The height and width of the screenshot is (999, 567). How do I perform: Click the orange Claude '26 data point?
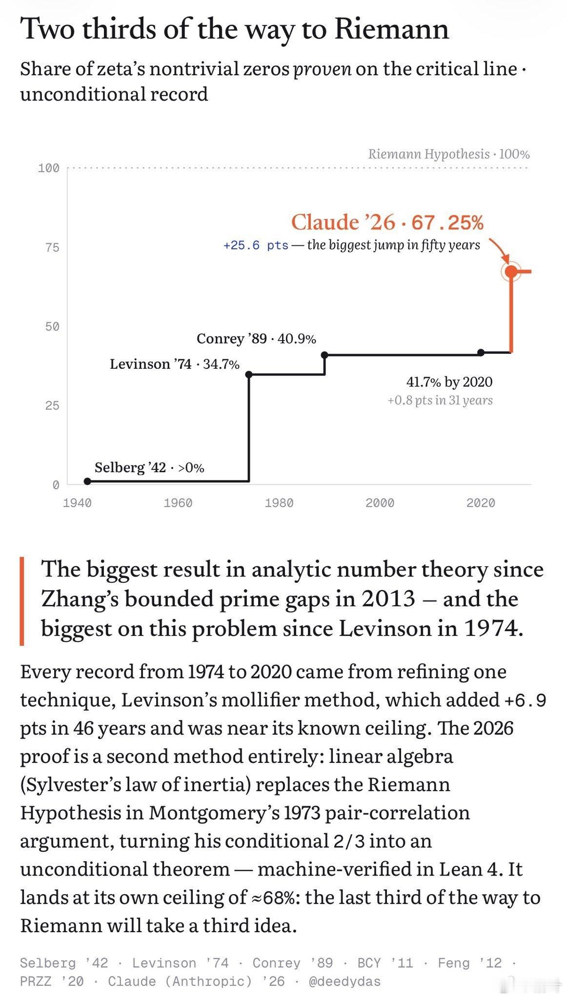click(x=511, y=271)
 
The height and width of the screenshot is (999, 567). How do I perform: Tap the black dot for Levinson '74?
click(x=249, y=374)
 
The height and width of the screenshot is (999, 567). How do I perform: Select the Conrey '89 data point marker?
click(x=324, y=355)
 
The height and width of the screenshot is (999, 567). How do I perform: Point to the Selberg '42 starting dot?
click(x=87, y=481)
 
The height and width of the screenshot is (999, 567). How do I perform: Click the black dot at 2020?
click(x=481, y=352)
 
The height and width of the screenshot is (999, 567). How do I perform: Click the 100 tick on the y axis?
click(x=48, y=168)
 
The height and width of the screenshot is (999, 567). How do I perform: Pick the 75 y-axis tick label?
click(x=52, y=247)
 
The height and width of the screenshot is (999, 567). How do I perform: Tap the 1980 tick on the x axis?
click(x=279, y=502)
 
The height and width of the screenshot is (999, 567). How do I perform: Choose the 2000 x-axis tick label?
click(x=380, y=502)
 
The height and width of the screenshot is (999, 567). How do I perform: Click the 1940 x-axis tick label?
click(x=77, y=502)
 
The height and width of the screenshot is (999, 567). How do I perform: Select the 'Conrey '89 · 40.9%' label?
click(x=256, y=339)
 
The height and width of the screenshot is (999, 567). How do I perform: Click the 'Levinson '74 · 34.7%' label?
click(x=175, y=364)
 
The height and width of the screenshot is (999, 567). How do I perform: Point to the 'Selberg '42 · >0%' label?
click(x=149, y=467)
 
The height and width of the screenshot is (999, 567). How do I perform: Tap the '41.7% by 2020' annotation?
click(x=449, y=381)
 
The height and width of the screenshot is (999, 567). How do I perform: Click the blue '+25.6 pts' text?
click(x=256, y=245)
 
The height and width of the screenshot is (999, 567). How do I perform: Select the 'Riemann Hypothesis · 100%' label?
click(x=449, y=154)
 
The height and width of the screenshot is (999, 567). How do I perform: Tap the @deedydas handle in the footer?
click(x=344, y=981)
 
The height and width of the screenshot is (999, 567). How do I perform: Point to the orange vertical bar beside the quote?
click(x=22, y=601)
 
